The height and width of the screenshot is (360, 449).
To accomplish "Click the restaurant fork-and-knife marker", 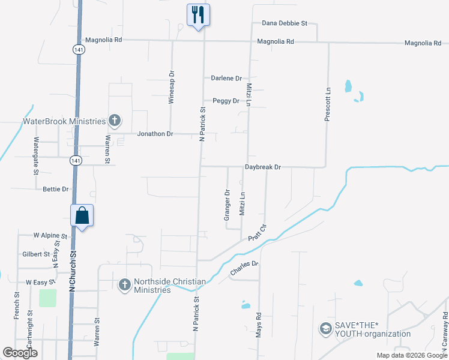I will click(x=199, y=14).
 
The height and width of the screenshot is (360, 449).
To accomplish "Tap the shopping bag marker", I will click(x=82, y=215).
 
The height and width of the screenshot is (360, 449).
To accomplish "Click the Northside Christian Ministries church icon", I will click(x=124, y=284).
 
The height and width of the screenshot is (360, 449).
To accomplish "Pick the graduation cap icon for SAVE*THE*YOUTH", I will click(x=325, y=329).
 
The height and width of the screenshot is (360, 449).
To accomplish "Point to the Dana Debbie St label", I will click(x=285, y=23).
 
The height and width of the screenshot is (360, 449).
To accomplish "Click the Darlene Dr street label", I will click(x=226, y=79).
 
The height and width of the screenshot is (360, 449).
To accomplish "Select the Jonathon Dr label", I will click(x=155, y=134).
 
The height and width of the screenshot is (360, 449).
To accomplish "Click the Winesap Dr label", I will click(x=172, y=88).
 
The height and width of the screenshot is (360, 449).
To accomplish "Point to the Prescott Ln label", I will click(x=328, y=106).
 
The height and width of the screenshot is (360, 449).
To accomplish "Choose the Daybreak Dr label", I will click(x=262, y=167).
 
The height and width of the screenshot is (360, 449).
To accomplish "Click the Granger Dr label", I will click(x=227, y=205).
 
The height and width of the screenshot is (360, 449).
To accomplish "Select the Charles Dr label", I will click(x=244, y=268).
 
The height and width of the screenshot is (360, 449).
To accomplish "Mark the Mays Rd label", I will click(x=259, y=323).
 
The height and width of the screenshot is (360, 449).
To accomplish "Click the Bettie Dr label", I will click(x=56, y=189).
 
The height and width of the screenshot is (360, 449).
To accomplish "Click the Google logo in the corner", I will click(x=20, y=353).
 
